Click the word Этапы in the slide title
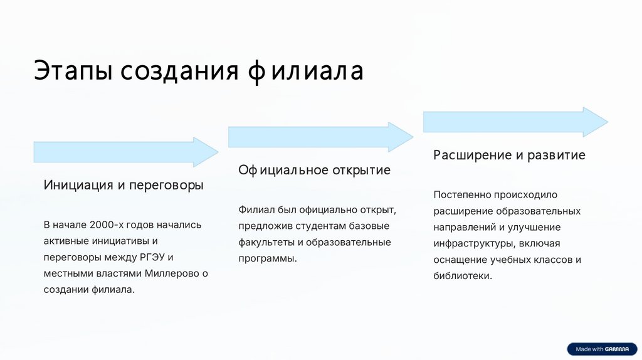(73, 71)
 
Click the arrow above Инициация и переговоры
(125, 152)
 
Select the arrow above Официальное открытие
(320, 137)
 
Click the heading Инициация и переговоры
(124, 185)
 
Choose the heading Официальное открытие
(314, 170)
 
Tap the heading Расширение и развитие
(509, 155)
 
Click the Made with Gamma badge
(602, 349)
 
